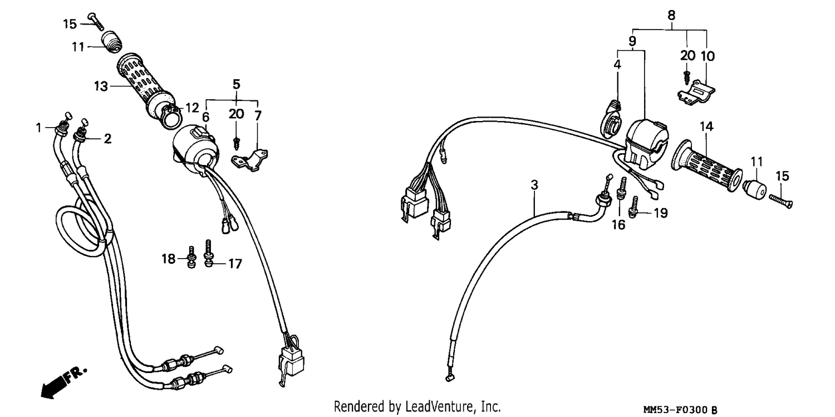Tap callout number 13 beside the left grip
coord(101,86)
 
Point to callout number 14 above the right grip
coord(706,127)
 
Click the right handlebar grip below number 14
coord(706,167)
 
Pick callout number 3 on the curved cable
coord(534,185)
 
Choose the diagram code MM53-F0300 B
coord(680,410)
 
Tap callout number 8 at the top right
coord(671,15)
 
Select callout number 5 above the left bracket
coord(237,84)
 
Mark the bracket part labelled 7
coord(249,161)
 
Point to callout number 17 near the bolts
coord(235,264)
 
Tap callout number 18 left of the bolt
coord(169,258)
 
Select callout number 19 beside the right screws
coord(661,213)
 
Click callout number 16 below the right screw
coord(618,225)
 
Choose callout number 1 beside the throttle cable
coord(39,128)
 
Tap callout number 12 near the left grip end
coord(193,108)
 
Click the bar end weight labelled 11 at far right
coord(754,189)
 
